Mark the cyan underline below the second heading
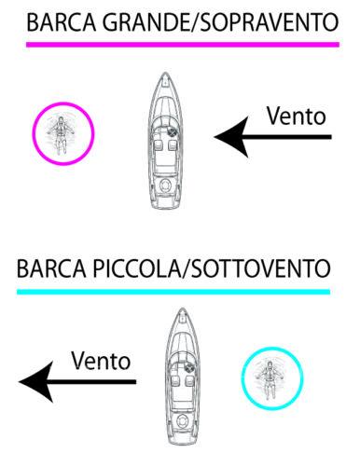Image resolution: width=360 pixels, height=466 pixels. pos(173,292)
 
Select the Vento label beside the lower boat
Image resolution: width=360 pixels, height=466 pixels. pos(101,359)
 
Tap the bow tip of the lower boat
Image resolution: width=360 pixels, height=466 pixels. pos(180,311)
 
